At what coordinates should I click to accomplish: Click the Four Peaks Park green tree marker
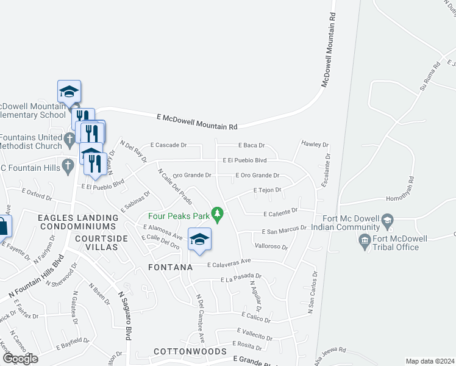216,214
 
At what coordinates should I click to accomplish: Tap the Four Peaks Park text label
179,215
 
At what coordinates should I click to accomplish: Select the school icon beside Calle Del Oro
199,240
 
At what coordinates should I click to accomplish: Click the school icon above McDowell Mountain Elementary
69,92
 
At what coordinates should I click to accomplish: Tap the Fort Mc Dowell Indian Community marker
387,220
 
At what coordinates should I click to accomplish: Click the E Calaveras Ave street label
229,264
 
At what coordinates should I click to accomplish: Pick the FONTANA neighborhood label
171,267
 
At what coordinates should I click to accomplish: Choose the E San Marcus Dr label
283,231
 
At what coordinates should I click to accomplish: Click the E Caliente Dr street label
280,213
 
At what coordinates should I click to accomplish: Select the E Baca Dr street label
250,146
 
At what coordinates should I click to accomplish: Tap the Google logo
20,359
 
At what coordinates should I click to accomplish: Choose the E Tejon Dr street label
266,190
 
